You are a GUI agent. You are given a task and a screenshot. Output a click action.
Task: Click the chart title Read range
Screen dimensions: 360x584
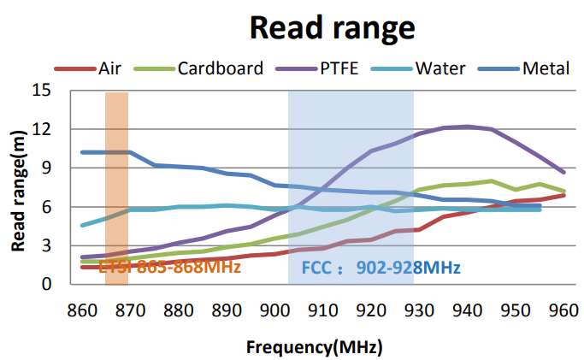(x=332, y=27)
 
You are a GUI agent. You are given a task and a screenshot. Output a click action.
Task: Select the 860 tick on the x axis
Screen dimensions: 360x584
(x=81, y=309)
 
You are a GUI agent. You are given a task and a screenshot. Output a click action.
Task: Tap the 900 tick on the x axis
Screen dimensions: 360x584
(x=274, y=309)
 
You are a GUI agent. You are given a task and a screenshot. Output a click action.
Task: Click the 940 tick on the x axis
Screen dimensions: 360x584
(x=467, y=309)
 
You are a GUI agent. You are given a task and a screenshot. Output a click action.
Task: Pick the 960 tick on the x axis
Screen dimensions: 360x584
(x=563, y=309)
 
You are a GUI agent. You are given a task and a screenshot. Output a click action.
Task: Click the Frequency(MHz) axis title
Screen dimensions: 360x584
(x=314, y=347)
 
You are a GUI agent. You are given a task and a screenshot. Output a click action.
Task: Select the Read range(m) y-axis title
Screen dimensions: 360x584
(x=18, y=187)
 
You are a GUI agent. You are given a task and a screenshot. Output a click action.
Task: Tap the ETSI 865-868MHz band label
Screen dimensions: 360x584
(x=169, y=268)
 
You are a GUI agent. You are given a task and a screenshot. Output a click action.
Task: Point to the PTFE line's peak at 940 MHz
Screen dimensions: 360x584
(x=467, y=127)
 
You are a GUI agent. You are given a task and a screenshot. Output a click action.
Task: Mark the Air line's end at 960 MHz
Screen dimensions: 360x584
(x=563, y=195)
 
